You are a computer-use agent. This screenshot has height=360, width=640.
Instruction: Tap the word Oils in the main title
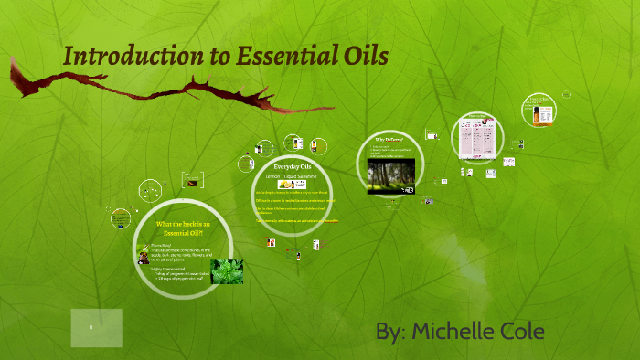365,57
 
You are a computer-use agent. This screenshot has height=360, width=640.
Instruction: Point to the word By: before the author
390,331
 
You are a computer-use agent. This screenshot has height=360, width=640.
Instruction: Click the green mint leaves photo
227,271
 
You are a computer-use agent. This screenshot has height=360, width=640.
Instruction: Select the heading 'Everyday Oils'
293,166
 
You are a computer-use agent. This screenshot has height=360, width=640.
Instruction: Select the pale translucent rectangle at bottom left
96,328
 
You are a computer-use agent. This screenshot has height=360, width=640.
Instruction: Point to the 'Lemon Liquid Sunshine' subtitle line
293,175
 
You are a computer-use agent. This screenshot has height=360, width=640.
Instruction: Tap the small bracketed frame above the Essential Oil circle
192,180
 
